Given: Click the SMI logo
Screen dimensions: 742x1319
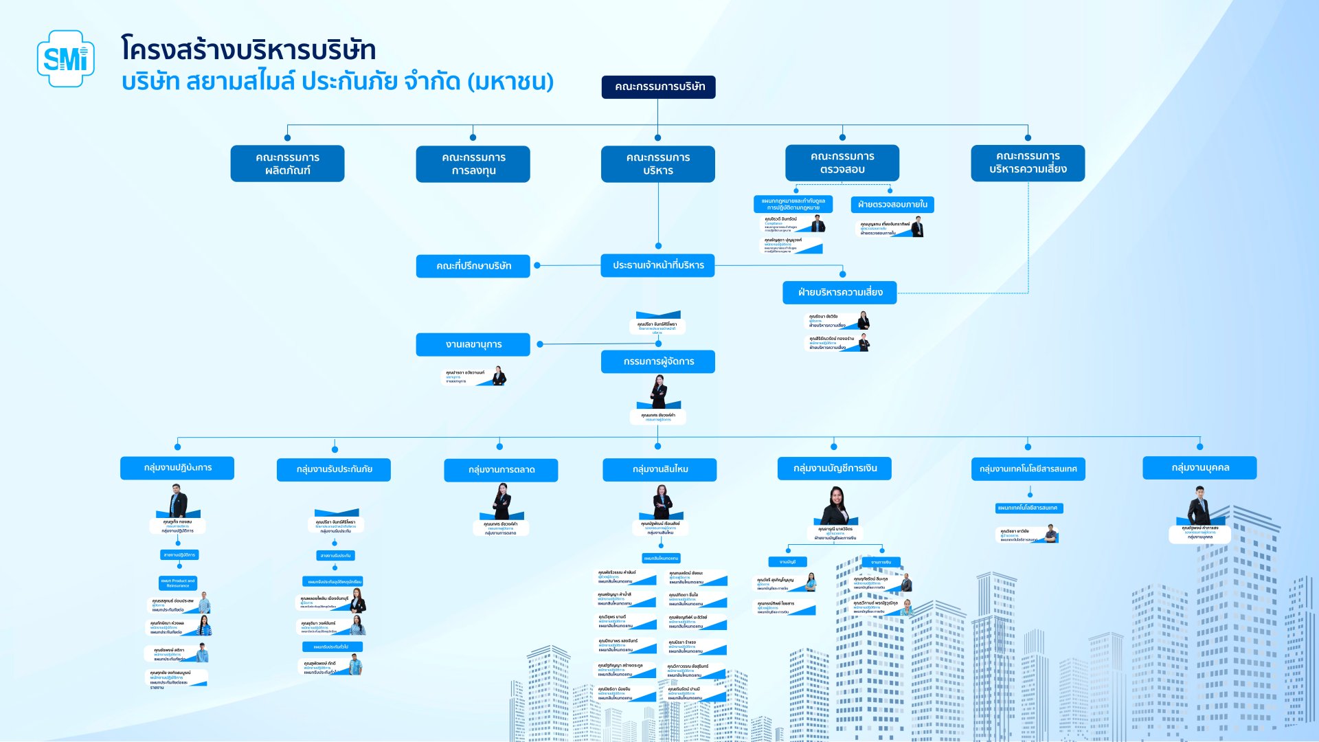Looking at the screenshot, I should [65, 58].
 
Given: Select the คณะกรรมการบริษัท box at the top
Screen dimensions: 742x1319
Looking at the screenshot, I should [658, 87].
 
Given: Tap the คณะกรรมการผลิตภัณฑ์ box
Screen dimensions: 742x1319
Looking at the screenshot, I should [287, 164].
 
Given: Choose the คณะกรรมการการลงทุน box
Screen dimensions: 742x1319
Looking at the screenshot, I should [473, 164].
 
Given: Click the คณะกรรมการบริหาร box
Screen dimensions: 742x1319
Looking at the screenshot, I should [657, 164].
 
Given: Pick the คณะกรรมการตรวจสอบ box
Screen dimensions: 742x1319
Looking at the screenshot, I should [842, 163].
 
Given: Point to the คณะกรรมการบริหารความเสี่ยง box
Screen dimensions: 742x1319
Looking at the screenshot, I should [1028, 163].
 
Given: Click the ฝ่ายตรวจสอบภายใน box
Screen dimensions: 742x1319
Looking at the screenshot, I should [892, 204].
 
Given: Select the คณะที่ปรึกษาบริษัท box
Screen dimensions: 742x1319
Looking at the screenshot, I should [473, 266].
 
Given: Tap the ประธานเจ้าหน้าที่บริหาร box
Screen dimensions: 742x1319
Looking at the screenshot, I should [657, 265].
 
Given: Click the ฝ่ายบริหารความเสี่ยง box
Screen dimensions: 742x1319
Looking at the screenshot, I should [839, 293].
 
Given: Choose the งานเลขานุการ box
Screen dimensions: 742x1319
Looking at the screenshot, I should [473, 344].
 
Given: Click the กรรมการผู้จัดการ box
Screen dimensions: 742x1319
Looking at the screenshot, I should [657, 361].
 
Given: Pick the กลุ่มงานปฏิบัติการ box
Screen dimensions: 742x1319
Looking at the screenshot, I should [177, 468].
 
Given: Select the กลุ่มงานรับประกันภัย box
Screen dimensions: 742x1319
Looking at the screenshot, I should [334, 469].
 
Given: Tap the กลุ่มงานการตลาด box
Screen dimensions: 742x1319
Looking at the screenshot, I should [501, 470].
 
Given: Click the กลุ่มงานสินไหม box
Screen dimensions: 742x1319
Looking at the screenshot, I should [659, 469].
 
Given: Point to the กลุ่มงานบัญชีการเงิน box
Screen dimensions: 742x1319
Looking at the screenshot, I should [835, 468].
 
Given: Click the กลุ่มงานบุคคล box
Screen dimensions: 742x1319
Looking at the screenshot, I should [1199, 468].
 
